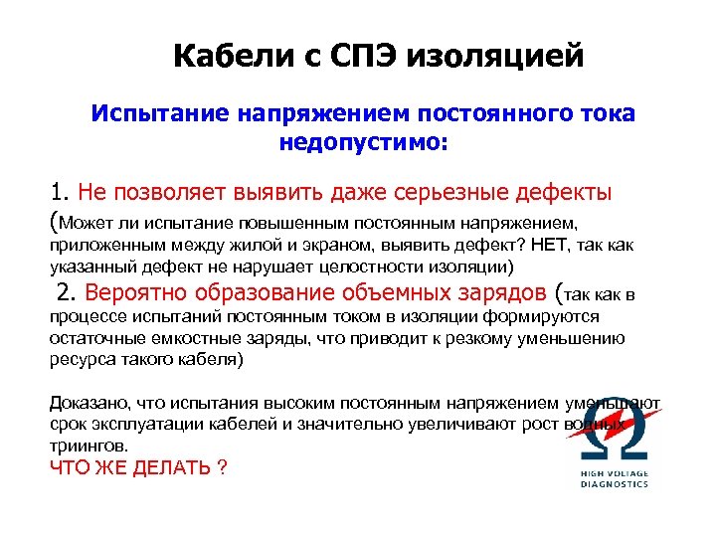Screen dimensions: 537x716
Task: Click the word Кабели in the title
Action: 222,57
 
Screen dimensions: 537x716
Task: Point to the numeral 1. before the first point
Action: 62,191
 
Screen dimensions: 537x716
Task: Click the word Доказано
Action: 87,403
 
